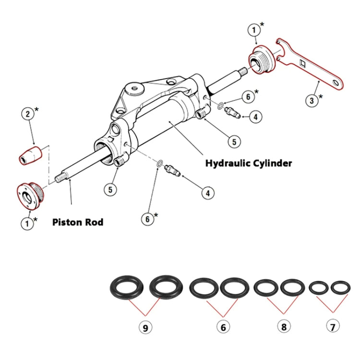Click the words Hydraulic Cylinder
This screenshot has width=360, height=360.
248,163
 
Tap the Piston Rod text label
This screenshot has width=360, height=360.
77,223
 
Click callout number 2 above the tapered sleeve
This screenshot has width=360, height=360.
28,114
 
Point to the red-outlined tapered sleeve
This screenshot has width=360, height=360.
30,155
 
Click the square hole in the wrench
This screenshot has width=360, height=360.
303,63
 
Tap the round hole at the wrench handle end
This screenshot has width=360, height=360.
339,84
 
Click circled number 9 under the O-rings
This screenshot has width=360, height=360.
145,327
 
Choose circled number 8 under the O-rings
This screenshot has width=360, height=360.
284,326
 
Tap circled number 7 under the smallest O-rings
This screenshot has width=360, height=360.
333,326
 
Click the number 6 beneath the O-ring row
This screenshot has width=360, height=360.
222,327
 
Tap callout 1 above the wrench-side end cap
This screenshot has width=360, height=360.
254,30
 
